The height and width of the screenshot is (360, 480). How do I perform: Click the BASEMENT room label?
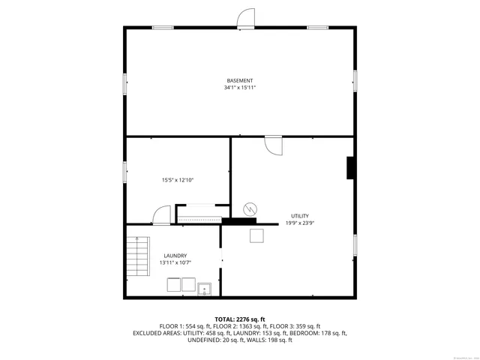click(240, 80)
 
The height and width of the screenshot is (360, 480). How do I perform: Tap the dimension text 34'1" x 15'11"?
click(240, 88)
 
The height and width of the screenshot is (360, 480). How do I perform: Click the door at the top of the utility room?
click(273, 144)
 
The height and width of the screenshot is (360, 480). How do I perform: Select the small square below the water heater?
click(256, 236)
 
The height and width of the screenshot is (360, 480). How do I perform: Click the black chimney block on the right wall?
click(350, 168)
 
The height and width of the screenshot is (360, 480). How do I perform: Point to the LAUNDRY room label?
click(175, 256)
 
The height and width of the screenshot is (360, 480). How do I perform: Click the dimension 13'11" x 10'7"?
click(175, 263)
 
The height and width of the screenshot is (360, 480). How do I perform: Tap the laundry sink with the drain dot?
click(205, 287)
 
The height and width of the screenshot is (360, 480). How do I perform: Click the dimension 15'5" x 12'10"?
click(178, 180)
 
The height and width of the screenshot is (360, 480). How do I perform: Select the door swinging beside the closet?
click(161, 216)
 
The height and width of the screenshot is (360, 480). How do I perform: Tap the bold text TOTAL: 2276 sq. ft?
click(240, 319)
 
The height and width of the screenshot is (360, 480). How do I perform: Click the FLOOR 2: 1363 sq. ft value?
click(239, 326)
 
